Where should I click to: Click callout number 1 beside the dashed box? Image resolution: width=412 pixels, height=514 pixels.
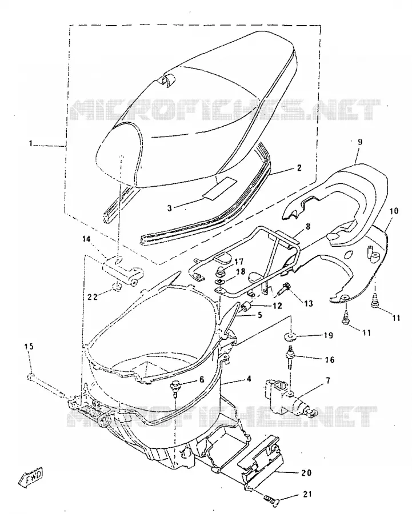[x=31, y=143]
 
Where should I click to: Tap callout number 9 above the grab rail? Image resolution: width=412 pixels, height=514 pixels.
[x=360, y=142]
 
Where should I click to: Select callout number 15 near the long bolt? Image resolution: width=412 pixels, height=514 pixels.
[x=29, y=346]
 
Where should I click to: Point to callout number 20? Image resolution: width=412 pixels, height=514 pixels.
[x=306, y=473]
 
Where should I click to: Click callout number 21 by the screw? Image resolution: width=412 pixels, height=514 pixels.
[x=306, y=494]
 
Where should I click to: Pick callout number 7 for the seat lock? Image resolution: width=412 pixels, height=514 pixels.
[x=327, y=380]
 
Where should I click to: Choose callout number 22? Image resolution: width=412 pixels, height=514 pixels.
[x=92, y=296]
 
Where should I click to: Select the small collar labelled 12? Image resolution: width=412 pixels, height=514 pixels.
[x=247, y=307]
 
